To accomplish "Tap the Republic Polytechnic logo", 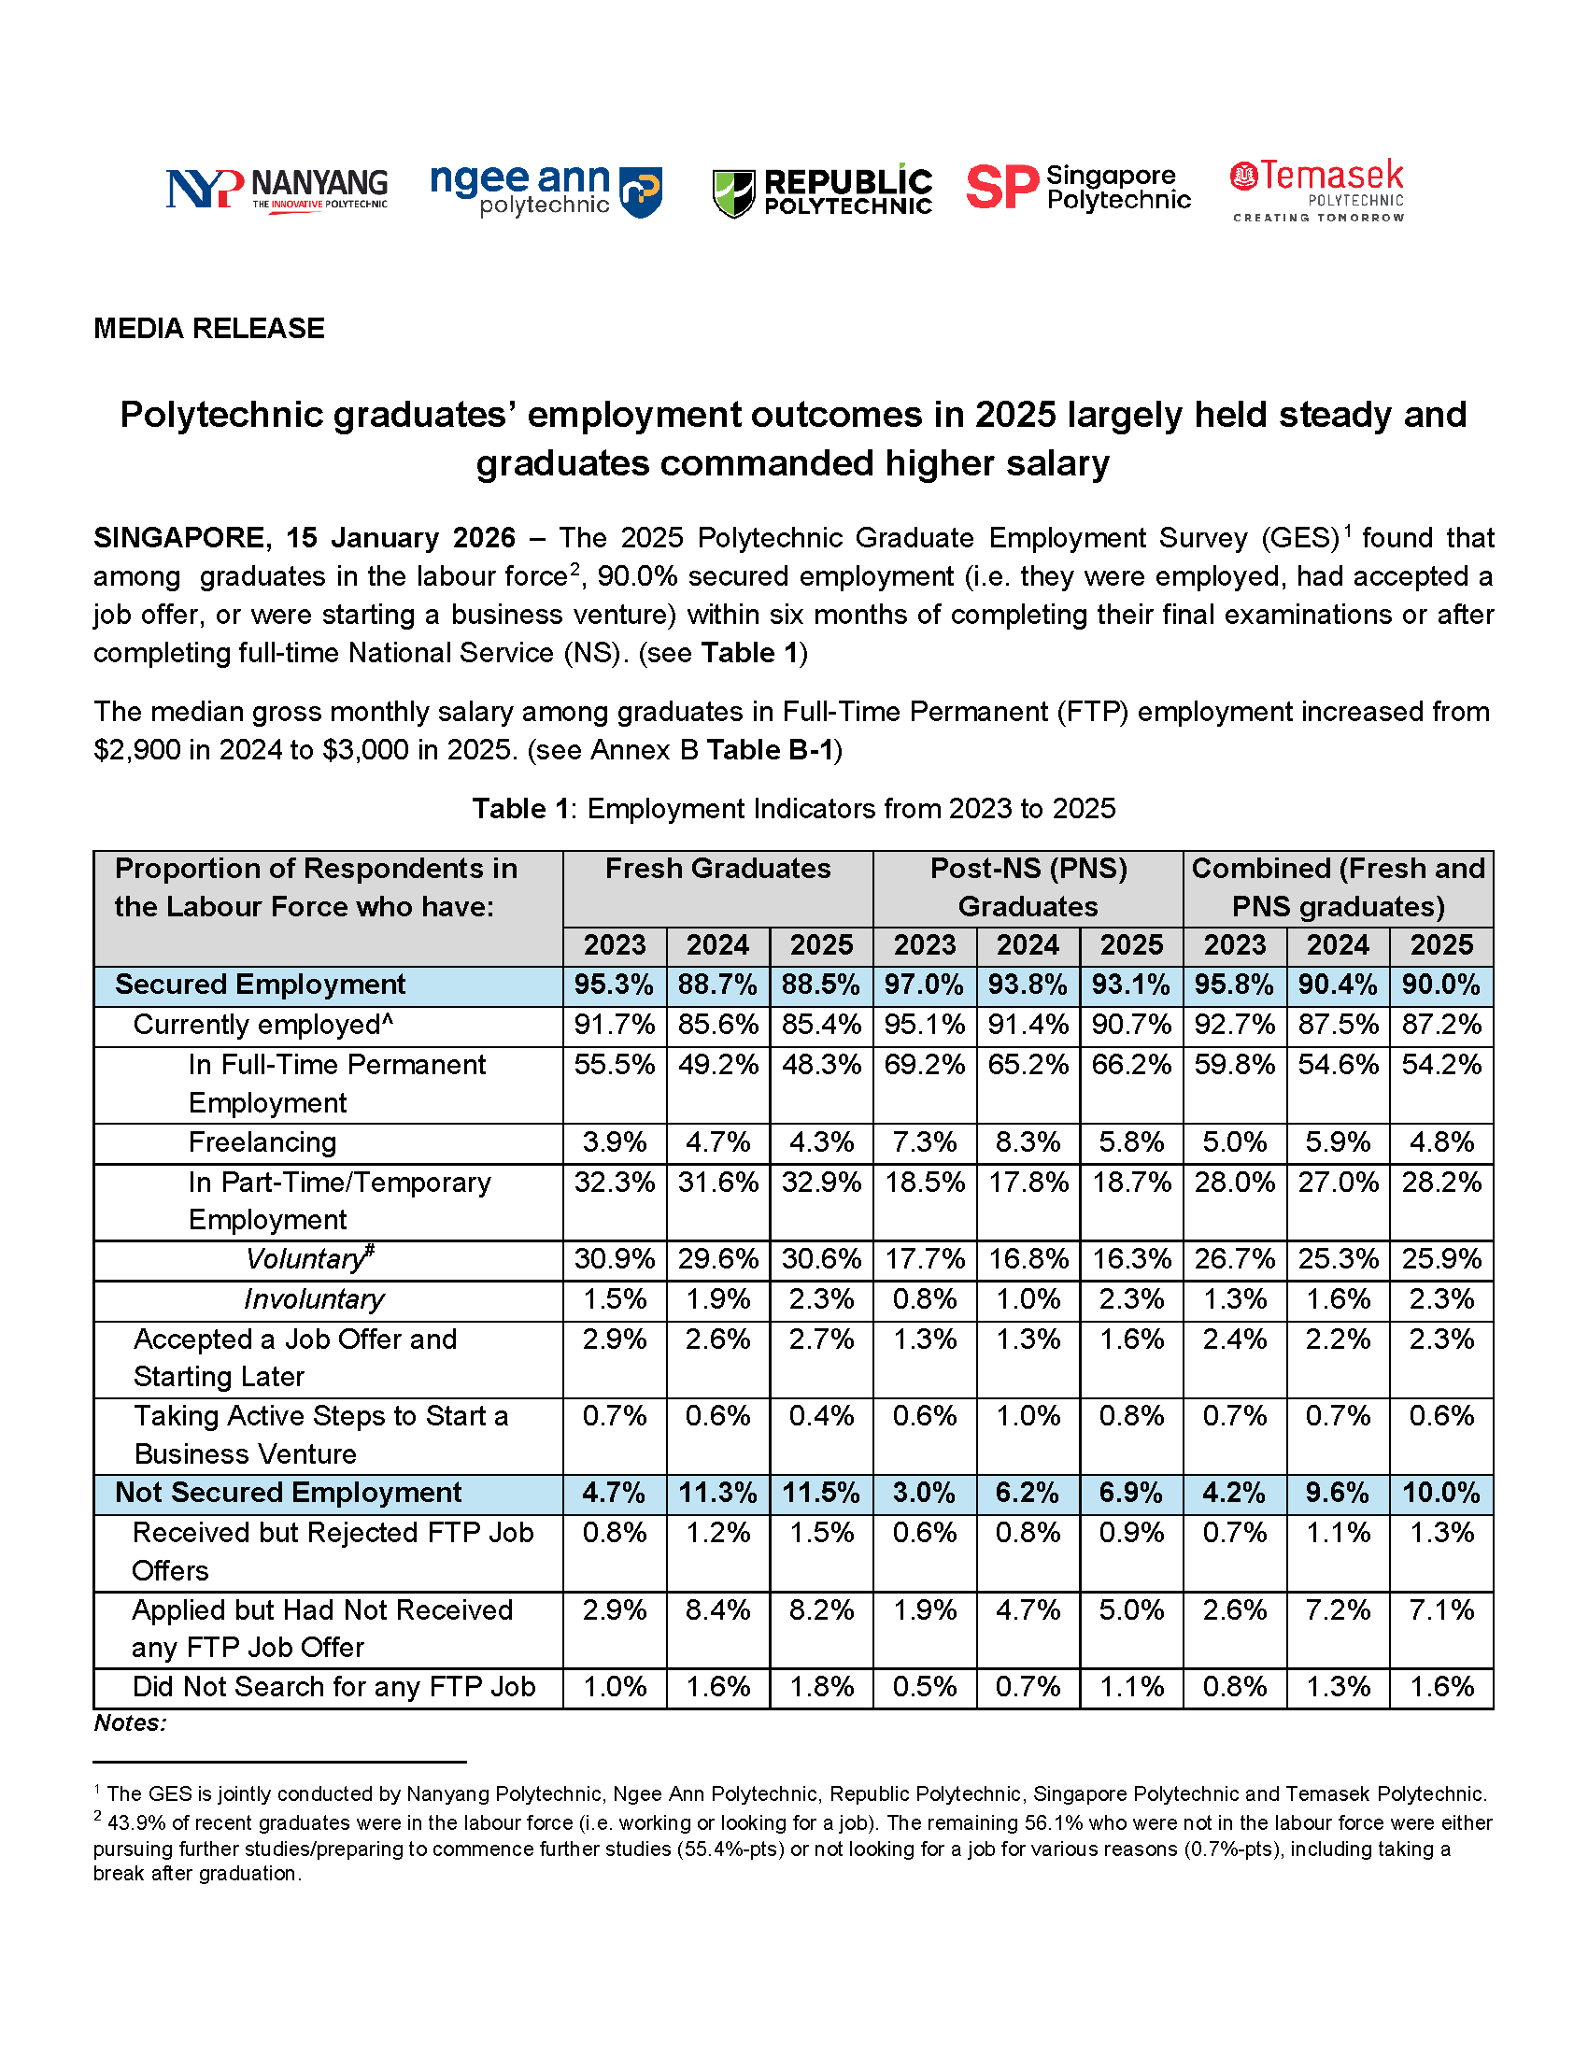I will [x=822, y=191].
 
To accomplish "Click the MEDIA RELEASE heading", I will [x=209, y=329].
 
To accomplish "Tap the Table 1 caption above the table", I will [x=793, y=808].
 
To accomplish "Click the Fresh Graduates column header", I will [x=717, y=869].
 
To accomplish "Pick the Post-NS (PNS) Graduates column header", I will [x=1028, y=887].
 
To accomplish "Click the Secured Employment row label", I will [x=260, y=985].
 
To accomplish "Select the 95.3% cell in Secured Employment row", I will [x=615, y=985].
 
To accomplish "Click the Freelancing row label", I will [x=262, y=1142].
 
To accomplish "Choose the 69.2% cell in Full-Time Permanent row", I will [x=924, y=1064].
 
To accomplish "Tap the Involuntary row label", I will [x=313, y=1299].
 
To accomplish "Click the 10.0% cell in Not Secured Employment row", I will [x=1440, y=1494].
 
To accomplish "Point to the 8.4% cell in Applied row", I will [x=717, y=1610].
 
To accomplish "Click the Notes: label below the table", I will [x=130, y=1722].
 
